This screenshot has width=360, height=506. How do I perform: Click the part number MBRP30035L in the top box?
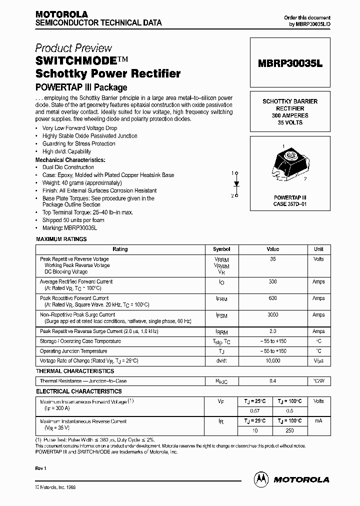[290, 64]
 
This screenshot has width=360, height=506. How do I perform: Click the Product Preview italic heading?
[73, 48]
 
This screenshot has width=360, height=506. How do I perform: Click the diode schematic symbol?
[236, 184]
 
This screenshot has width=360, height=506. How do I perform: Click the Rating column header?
[120, 249]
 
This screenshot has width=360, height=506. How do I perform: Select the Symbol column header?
[221, 249]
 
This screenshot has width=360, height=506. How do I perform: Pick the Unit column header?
[318, 249]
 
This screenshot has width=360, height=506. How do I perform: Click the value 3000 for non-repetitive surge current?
[272, 315]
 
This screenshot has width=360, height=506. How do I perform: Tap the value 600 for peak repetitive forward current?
[272, 298]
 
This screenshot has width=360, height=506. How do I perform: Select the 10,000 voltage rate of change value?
[272, 360]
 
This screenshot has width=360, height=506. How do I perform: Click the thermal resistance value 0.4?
[272, 381]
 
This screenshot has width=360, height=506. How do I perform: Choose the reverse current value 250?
[289, 430]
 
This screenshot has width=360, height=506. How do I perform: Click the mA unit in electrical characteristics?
[318, 421]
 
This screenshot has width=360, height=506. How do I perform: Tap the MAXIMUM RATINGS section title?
[61, 239]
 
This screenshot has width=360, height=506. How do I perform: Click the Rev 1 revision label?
[41, 468]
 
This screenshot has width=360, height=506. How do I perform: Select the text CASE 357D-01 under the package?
[290, 204]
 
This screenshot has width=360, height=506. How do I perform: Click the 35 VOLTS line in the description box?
[290, 122]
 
